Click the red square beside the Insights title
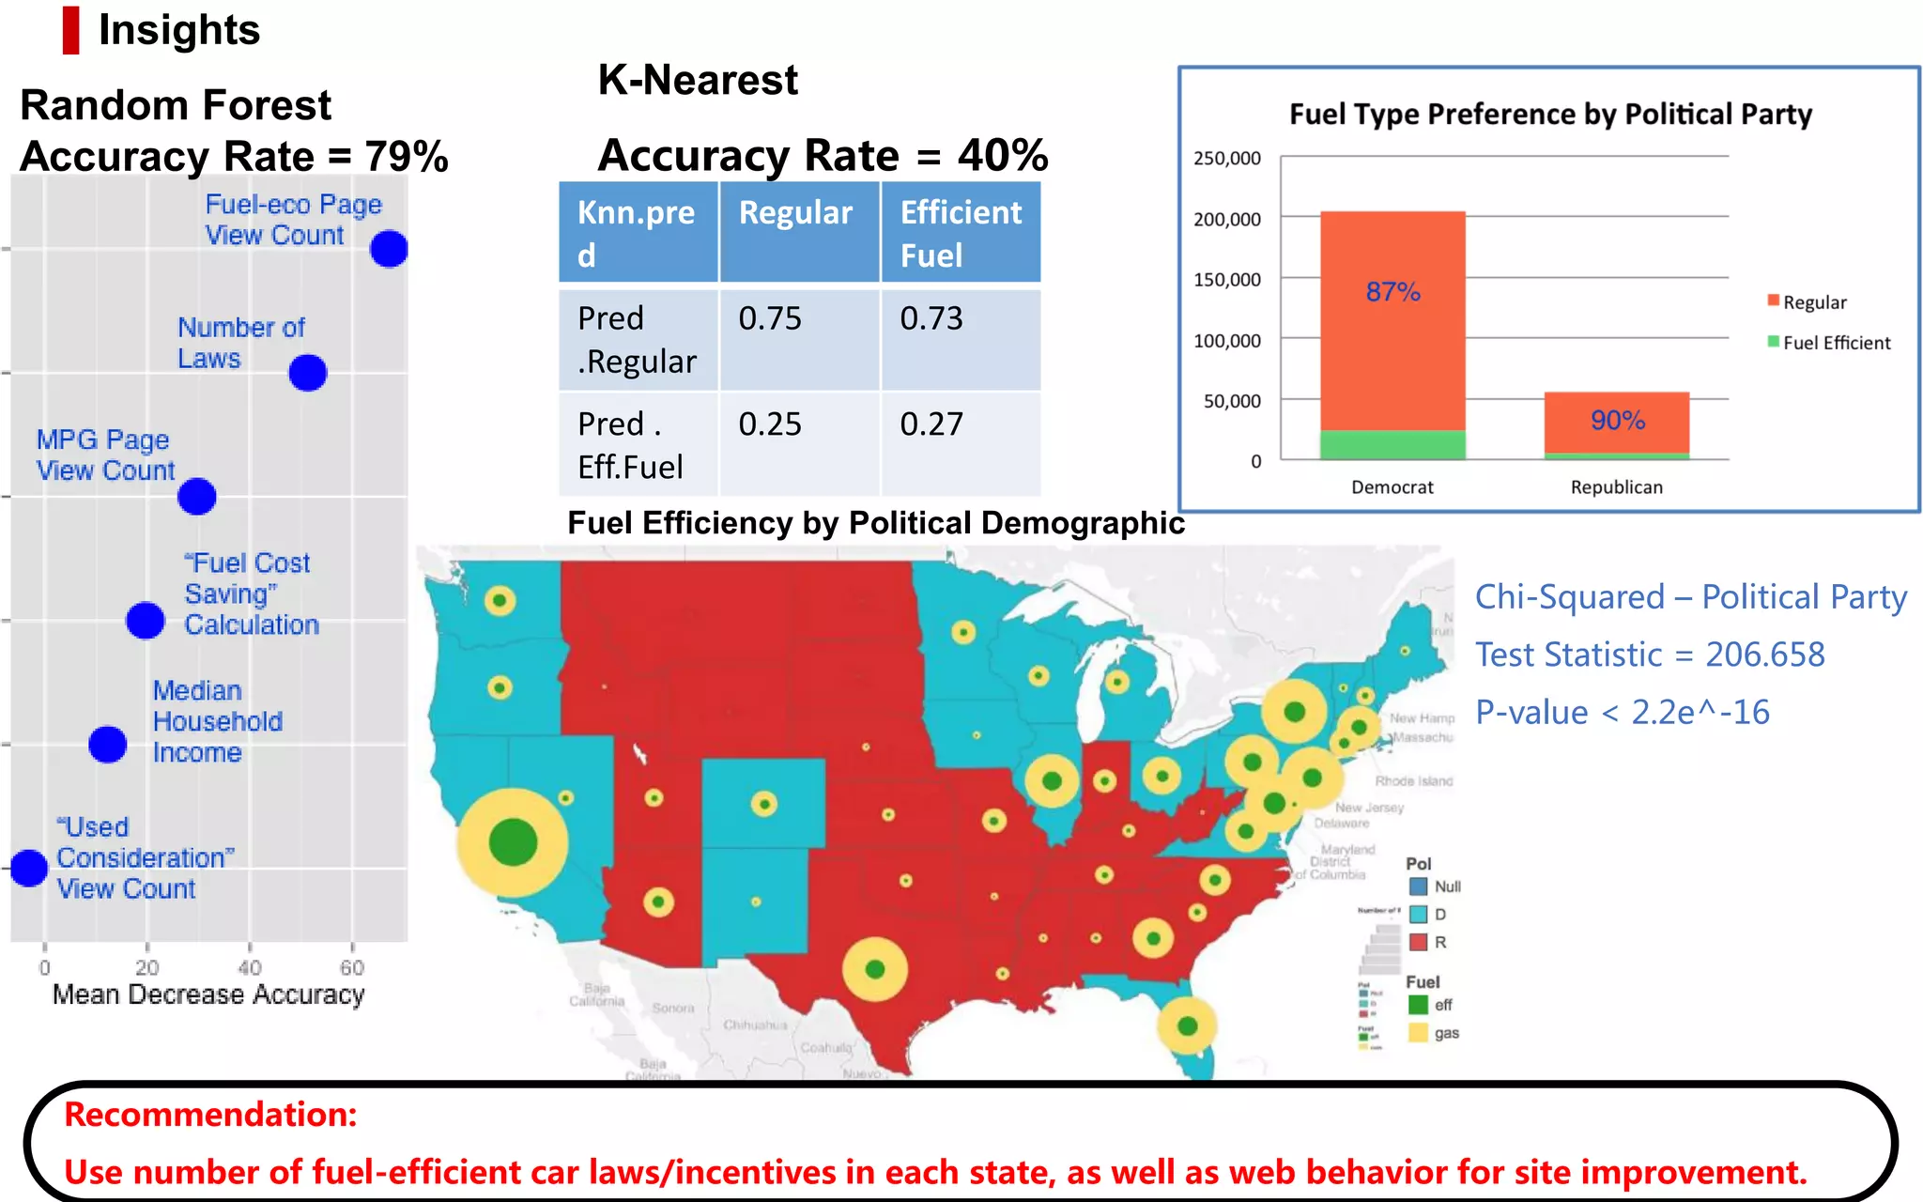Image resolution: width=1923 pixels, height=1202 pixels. click(70, 30)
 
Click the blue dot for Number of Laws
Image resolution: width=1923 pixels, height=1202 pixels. click(308, 373)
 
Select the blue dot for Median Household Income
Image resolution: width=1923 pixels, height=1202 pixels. click(108, 745)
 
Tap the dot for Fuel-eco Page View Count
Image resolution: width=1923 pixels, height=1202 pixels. click(389, 249)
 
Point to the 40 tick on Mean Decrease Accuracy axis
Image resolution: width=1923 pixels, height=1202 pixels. click(249, 967)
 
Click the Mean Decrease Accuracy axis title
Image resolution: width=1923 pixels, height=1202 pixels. click(208, 994)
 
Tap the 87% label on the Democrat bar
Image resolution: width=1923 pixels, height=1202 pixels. click(1392, 292)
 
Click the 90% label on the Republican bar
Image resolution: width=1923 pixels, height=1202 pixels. click(1617, 420)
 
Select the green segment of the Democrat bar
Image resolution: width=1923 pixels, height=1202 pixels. click(1392, 444)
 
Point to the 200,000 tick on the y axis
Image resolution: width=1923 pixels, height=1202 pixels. click(1226, 220)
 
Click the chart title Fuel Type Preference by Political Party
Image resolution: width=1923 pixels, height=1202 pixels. click(1549, 114)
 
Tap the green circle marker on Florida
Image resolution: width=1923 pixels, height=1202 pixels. click(1187, 1025)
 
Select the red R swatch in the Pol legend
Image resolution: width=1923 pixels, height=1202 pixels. click(1419, 942)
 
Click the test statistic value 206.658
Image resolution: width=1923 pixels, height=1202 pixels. click(1764, 655)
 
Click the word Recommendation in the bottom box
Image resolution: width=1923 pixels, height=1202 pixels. click(210, 1115)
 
